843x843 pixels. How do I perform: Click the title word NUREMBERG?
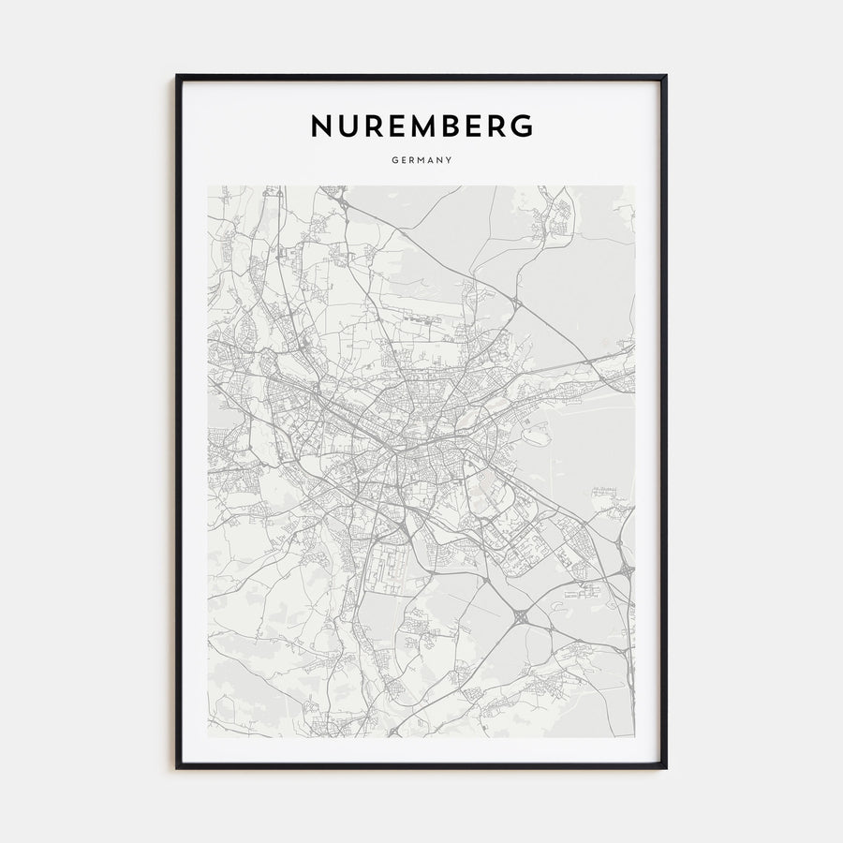pyautogui.click(x=421, y=126)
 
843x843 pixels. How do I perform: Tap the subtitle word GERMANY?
pyautogui.click(x=421, y=160)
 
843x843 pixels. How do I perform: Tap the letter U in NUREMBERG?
pyautogui.click(x=346, y=126)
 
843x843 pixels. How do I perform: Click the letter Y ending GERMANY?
pyautogui.click(x=450, y=160)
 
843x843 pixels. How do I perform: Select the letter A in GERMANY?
pyautogui.click(x=430, y=160)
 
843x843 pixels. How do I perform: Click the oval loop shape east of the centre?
pyautogui.click(x=535, y=433)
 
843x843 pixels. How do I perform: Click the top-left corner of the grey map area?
pyautogui.click(x=208, y=185)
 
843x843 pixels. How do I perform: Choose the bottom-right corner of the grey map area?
pyautogui.click(x=635, y=737)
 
